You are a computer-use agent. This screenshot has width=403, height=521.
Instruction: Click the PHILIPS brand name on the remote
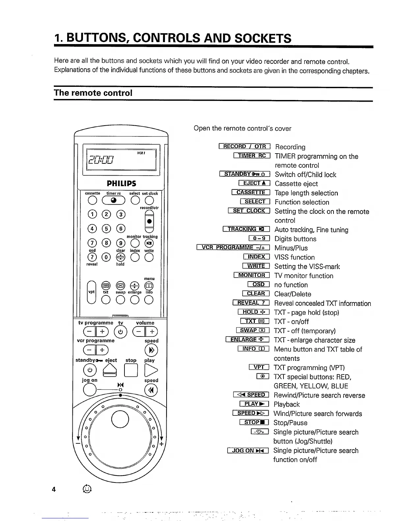point(121,183)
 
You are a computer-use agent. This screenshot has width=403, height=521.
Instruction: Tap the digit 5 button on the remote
point(106,228)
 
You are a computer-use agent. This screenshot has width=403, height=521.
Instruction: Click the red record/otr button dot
point(149,221)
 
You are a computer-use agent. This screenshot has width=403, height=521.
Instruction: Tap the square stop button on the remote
point(131,371)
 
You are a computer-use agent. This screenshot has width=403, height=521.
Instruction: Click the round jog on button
point(90,390)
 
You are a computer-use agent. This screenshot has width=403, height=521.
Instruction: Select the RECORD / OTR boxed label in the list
point(244,147)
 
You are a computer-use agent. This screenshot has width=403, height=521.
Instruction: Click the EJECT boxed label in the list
point(254,184)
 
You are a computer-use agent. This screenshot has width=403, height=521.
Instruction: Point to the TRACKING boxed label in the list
point(246,230)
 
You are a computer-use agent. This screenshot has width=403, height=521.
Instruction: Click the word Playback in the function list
point(286,405)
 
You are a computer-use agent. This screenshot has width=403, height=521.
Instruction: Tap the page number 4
point(54,489)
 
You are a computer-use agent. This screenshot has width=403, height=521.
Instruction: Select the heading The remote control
point(93,93)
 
